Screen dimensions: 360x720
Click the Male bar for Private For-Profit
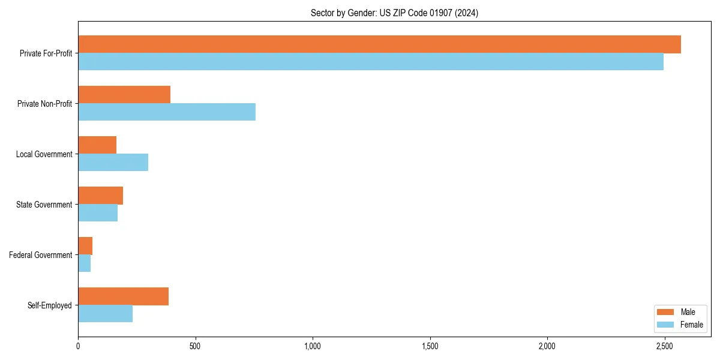click(379, 44)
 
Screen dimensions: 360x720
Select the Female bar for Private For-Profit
click(371, 62)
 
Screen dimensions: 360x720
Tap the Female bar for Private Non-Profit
click(167, 112)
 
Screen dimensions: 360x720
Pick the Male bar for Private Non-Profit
click(124, 95)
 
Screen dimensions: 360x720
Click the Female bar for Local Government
click(113, 163)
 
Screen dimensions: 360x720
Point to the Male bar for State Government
click(100, 196)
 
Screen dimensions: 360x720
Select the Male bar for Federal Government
click(85, 246)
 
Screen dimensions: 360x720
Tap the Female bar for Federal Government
click(84, 263)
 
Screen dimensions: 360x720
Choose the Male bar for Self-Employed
click(123, 296)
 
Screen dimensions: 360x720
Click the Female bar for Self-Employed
click(105, 314)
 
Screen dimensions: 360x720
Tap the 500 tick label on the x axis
click(195, 346)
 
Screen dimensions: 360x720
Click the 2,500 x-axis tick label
click(664, 346)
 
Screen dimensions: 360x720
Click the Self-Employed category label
click(50, 305)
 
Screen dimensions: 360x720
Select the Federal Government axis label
click(41, 255)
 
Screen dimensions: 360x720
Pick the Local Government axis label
click(44, 154)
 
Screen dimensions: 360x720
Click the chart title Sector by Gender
click(394, 13)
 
